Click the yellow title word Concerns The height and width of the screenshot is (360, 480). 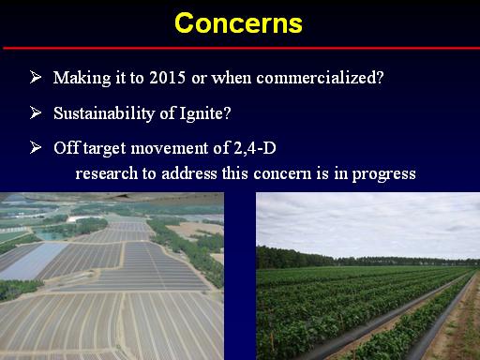pos(238,23)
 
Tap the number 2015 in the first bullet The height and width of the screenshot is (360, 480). pos(168,77)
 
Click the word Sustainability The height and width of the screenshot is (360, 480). pos(104,113)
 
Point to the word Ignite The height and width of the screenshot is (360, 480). pos(202,113)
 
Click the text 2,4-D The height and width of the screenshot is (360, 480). pos(255,148)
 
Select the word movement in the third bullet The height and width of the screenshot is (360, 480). pos(170,148)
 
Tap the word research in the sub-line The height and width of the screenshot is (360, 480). pos(107,173)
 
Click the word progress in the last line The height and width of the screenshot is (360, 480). pos(384,174)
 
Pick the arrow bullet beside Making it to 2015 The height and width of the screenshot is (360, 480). pos(36,77)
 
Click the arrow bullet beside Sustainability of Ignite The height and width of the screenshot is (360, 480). pos(36,112)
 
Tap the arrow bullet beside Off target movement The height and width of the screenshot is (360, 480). pos(36,147)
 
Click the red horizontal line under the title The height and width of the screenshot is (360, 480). pos(241,48)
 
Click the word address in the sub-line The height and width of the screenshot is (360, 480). pos(189,173)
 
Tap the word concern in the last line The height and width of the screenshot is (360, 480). pos(282,174)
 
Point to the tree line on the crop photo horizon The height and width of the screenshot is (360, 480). pos(367,259)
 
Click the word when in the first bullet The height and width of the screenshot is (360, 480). pos(232,77)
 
